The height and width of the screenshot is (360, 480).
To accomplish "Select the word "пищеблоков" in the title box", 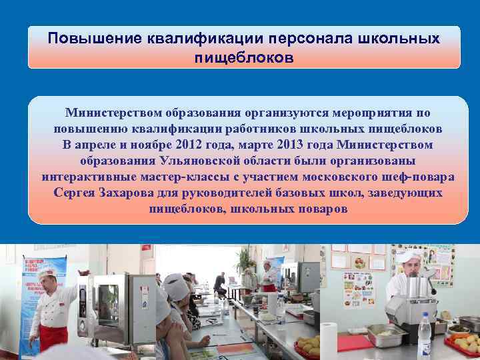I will click(x=243, y=58).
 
